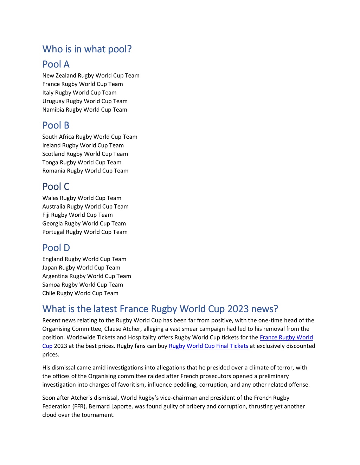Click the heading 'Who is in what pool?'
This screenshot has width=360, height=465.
(87, 49)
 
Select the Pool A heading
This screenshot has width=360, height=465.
(56, 64)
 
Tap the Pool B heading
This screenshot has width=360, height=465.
(56, 125)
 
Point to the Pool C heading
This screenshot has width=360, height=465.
(56, 186)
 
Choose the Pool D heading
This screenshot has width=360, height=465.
(56, 248)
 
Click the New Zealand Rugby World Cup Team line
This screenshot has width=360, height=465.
(91, 76)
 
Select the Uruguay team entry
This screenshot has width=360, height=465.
(85, 101)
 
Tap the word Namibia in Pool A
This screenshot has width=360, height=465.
(53, 110)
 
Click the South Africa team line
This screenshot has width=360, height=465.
(90, 137)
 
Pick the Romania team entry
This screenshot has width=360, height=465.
(85, 171)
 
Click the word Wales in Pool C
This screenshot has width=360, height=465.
(50, 198)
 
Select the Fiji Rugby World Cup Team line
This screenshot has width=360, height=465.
(77, 215)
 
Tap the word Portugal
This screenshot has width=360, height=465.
(53, 232)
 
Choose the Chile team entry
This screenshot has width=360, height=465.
(80, 293)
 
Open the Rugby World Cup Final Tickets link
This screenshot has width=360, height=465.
(208, 346)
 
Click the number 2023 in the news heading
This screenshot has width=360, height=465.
(238, 309)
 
